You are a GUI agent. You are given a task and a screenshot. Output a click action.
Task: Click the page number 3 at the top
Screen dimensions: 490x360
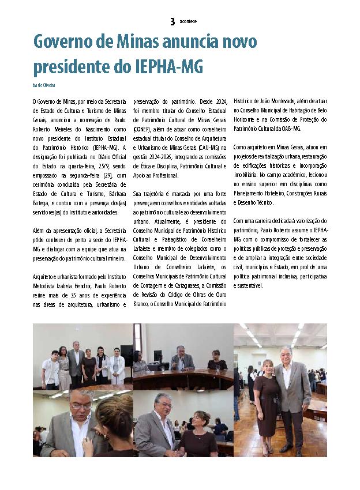pyautogui.click(x=172, y=21)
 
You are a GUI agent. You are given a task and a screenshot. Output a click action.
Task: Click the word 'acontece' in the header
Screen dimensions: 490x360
pyautogui.click(x=188, y=21)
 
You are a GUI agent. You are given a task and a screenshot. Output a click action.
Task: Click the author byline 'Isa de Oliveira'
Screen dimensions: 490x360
pyautogui.click(x=44, y=85)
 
